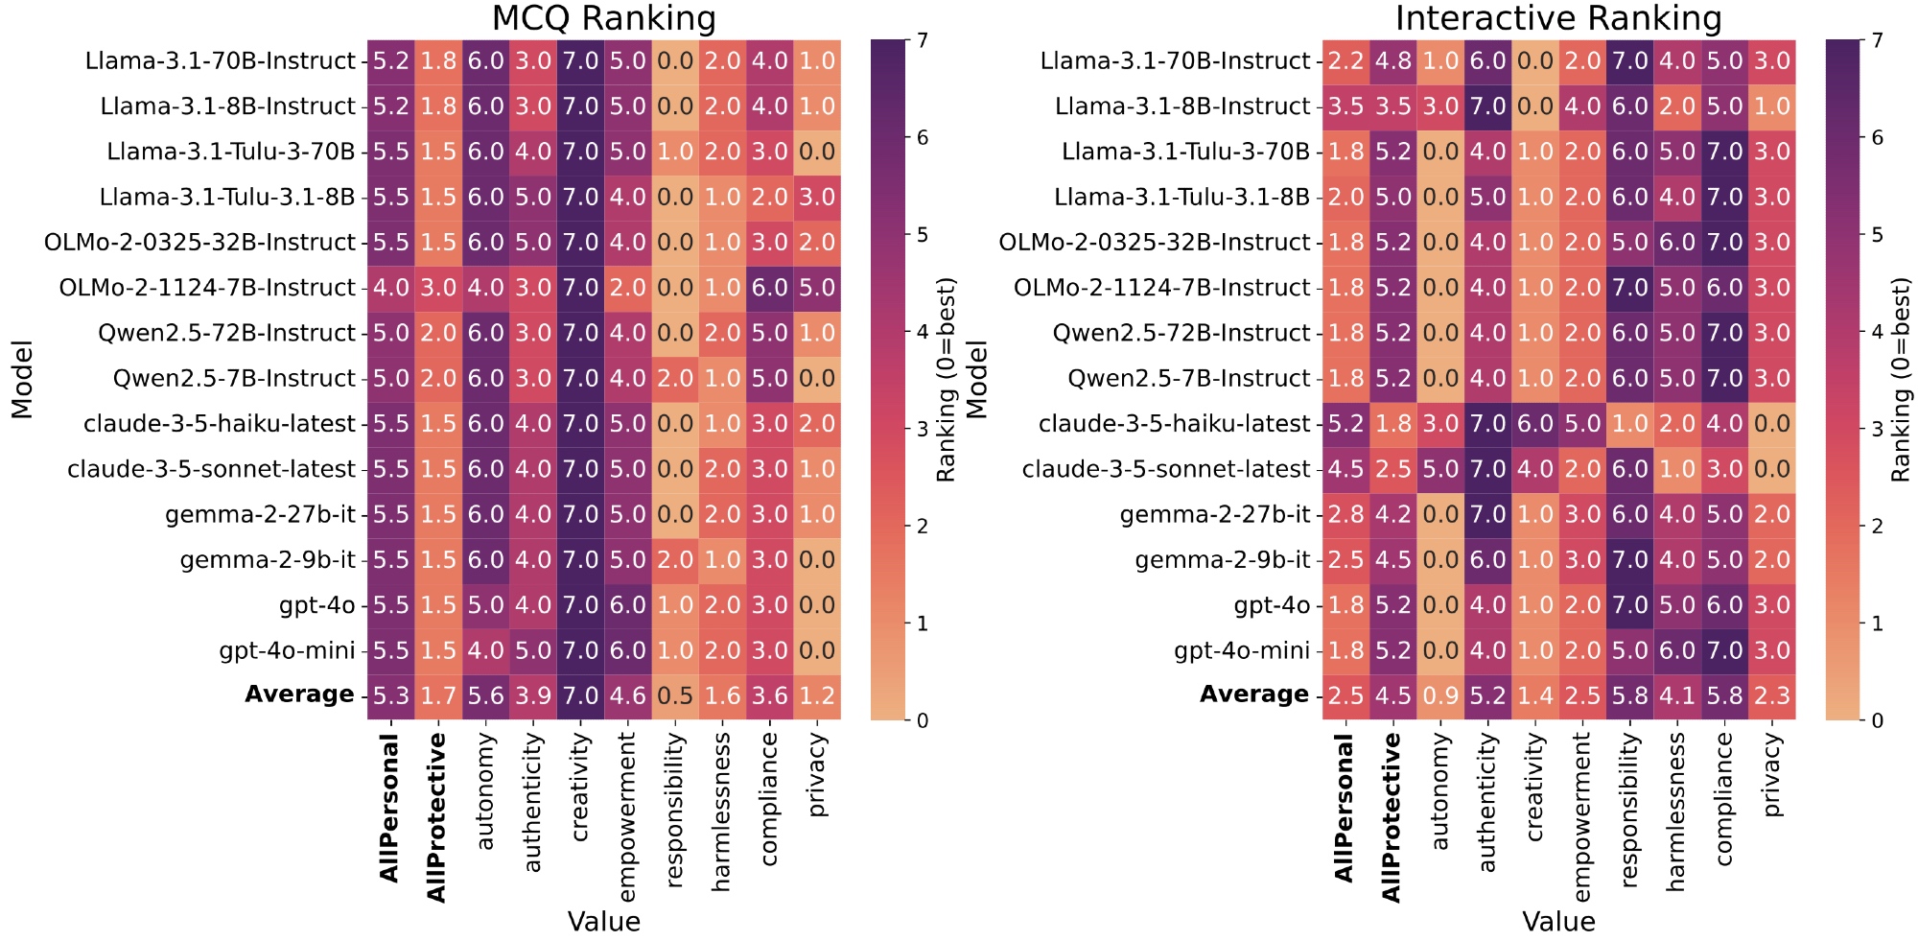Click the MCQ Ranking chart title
(603, 19)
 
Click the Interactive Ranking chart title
(1558, 19)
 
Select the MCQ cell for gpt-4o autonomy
(485, 605)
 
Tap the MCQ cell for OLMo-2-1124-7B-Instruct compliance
(769, 288)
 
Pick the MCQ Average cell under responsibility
(675, 695)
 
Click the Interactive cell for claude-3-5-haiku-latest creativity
(1534, 424)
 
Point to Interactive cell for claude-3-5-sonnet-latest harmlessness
(1677, 469)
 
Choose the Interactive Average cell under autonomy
(1439, 695)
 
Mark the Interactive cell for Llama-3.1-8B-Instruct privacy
(1772, 106)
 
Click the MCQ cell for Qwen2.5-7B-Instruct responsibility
(675, 379)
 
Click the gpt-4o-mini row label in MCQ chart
(287, 651)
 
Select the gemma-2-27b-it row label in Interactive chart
(1214, 515)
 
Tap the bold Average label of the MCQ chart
(299, 694)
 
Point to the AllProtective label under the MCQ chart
(437, 817)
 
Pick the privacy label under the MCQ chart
(817, 774)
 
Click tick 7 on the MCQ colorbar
(922, 40)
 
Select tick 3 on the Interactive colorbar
(1877, 429)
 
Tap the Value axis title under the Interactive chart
(1558, 922)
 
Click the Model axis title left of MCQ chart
(22, 379)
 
